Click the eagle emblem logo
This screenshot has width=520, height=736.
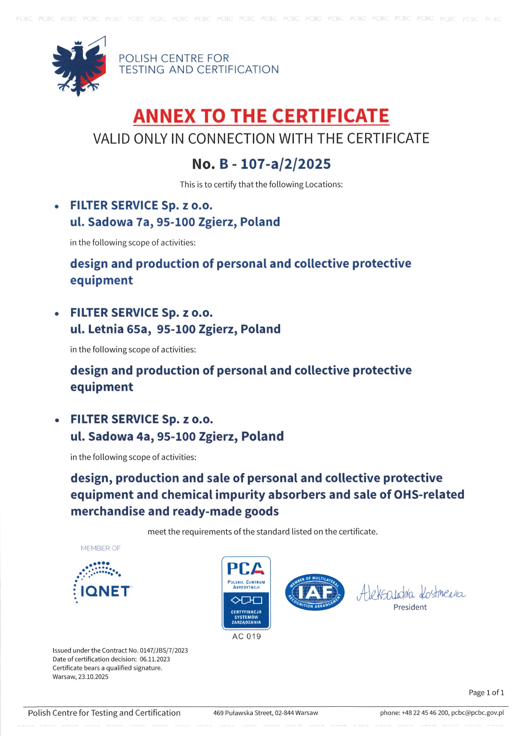click(78, 66)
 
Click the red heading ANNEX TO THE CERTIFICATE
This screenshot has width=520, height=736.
click(261, 116)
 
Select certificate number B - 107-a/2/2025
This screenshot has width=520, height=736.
click(275, 164)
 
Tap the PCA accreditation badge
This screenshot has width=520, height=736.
click(246, 593)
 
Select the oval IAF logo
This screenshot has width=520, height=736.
click(315, 592)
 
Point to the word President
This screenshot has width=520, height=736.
click(410, 607)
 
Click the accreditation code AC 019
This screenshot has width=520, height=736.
click(246, 636)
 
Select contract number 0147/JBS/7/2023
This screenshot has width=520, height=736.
click(164, 650)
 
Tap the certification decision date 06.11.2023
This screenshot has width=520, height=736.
click(155, 659)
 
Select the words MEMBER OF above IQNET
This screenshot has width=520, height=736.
click(101, 548)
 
